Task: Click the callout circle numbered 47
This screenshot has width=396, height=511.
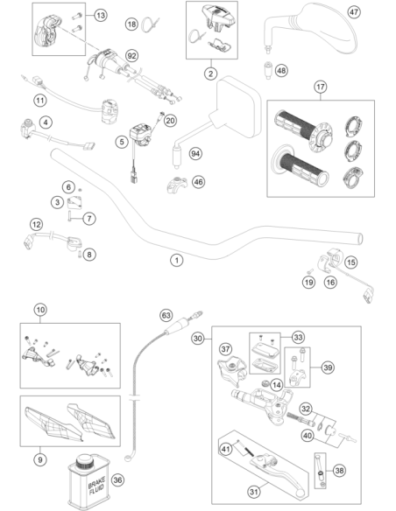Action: [x=354, y=12]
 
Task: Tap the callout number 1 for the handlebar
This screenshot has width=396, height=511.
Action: [x=177, y=260]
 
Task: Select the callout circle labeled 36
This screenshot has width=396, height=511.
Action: [x=117, y=479]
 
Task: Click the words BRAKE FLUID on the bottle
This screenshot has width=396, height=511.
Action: [x=96, y=485]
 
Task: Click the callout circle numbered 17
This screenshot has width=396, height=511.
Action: [x=321, y=87]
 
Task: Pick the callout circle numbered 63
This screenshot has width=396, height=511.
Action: [x=166, y=316]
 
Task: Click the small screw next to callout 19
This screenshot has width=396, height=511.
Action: [x=310, y=271]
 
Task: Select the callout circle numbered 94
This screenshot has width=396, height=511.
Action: [x=195, y=153]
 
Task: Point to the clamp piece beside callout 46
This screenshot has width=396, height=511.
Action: [x=177, y=184]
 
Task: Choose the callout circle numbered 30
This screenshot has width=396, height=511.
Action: [x=198, y=339]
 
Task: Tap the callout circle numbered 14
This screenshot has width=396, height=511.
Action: [x=277, y=385]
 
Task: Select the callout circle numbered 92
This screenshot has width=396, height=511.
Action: [x=131, y=56]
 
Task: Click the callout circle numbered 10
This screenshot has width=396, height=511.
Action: [x=40, y=310]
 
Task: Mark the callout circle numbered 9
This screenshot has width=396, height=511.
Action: [x=40, y=459]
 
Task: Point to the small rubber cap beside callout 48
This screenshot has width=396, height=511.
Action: [x=268, y=70]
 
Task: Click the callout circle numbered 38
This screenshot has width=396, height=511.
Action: [x=339, y=470]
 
